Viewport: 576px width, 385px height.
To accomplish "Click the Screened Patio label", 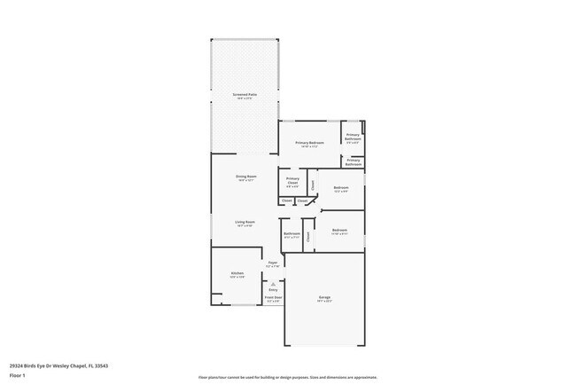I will pos(245,93).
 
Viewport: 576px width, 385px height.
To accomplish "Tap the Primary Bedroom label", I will pos(309,142).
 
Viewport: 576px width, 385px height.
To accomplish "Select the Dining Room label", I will pos(245,177).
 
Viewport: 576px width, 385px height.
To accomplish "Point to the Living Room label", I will pos(245,222).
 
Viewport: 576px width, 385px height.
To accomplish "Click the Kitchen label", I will pos(237,272).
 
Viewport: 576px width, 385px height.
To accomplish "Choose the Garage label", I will pos(324,297).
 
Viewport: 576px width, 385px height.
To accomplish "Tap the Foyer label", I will pos(273,263).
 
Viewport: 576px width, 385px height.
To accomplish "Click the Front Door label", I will pos(273,297).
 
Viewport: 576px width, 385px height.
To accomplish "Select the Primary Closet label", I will pos(292,182).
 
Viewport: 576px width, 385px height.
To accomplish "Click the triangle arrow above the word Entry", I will pos(273,283).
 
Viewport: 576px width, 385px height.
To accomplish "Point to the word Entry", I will pos(273,289).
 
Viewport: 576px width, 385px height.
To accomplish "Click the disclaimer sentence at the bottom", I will pos(288,377).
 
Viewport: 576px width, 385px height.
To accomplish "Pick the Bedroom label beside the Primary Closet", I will pos(340,187).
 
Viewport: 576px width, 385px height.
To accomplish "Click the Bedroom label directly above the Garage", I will pos(339,230).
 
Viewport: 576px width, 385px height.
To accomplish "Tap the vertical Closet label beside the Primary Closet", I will pos(312,185).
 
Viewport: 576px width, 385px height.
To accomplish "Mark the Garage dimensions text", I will pos(324,302).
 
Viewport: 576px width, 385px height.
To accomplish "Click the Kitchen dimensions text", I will pos(237,277).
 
